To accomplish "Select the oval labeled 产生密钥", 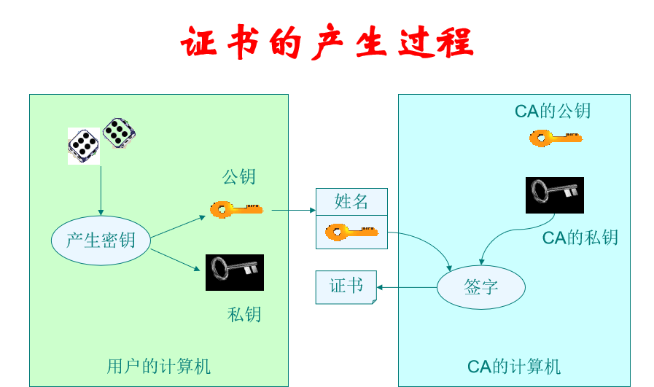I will pyautogui.click(x=101, y=241).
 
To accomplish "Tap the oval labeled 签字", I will pyautogui.click(x=480, y=287).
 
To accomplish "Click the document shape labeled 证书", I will pyautogui.click(x=346, y=286).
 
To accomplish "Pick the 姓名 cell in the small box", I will pyautogui.click(x=351, y=202).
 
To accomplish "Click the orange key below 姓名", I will pyautogui.click(x=351, y=232).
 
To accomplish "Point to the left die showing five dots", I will pyautogui.click(x=84, y=146).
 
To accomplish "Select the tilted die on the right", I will pyautogui.click(x=119, y=133).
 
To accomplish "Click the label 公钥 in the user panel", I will pyautogui.click(x=239, y=177).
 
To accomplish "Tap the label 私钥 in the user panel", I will pyautogui.click(x=244, y=314).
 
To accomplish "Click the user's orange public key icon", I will pyautogui.click(x=236, y=210).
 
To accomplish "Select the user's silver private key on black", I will pyautogui.click(x=234, y=272).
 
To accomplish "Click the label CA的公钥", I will pyautogui.click(x=553, y=111).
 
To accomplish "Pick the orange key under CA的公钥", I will pyautogui.click(x=556, y=138).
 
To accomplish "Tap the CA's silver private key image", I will pyautogui.click(x=554, y=195).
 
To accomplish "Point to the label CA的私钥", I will pyautogui.click(x=580, y=238).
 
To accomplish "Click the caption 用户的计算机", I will pyautogui.click(x=158, y=366).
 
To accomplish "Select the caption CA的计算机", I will pyautogui.click(x=514, y=366).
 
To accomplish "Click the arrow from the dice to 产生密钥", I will pyautogui.click(x=101, y=191).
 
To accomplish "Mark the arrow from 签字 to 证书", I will pyautogui.click(x=406, y=287).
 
